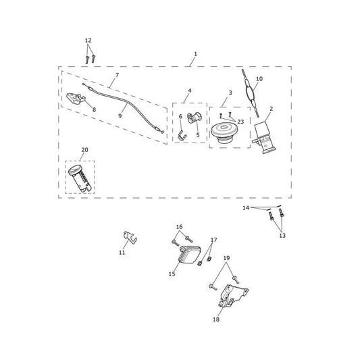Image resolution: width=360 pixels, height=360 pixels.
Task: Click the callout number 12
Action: pyautogui.click(x=88, y=41)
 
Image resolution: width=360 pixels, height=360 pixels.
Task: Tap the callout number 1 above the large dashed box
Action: pyautogui.click(x=195, y=54)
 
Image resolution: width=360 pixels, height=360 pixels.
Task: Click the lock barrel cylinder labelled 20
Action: pyautogui.click(x=80, y=178)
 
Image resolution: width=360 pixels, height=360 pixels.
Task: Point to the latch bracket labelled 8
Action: pyautogui.click(x=76, y=99)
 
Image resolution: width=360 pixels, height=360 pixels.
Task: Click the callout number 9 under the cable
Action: pyautogui.click(x=120, y=116)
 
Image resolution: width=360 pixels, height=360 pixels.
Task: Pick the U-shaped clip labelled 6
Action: pyautogui.click(x=182, y=135)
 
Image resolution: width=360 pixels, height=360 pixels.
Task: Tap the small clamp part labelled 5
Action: pyautogui.click(x=195, y=118)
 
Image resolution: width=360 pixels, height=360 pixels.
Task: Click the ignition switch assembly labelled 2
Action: pyautogui.click(x=264, y=137)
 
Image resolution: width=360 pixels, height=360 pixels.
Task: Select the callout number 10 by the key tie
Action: pyautogui.click(x=259, y=79)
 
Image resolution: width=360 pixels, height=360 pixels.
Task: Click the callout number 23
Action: pyautogui.click(x=240, y=122)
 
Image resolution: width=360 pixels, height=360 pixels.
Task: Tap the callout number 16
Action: pyautogui.click(x=179, y=227)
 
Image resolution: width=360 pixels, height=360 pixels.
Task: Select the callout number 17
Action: pyautogui.click(x=213, y=240)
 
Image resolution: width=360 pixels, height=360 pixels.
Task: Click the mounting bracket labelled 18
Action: pyautogui.click(x=232, y=297)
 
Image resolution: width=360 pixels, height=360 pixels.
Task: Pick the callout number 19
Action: pyautogui.click(x=226, y=258)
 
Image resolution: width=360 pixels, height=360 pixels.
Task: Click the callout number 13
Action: pyautogui.click(x=282, y=236)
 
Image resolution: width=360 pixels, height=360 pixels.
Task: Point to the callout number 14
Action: pyautogui.click(x=246, y=208)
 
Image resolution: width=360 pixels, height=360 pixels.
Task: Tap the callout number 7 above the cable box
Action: pyautogui.click(x=118, y=75)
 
